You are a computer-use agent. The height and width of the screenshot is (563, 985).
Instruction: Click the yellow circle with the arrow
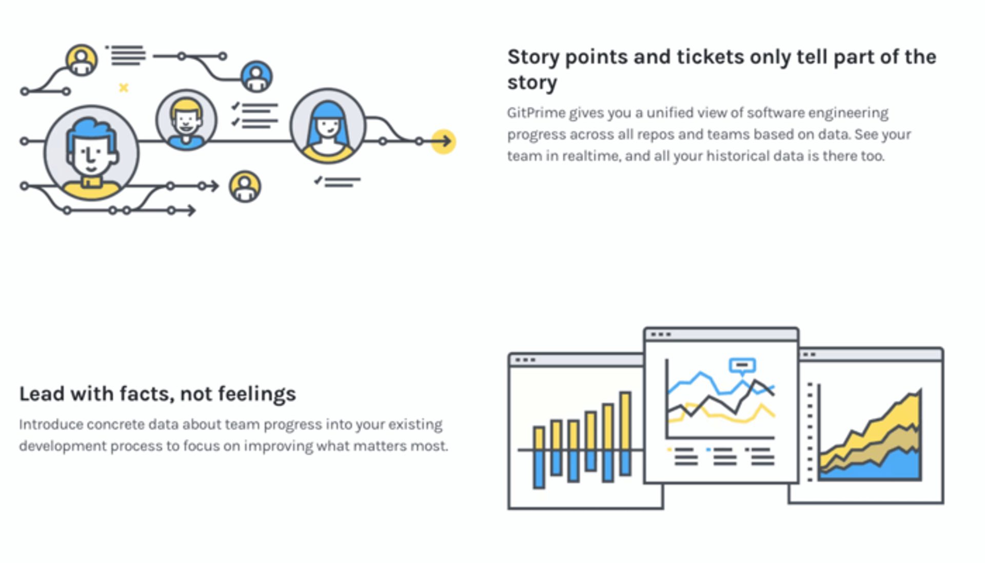[x=443, y=141]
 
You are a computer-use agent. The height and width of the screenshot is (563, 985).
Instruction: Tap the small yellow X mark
[x=124, y=88]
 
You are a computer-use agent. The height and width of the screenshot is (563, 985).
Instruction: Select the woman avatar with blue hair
[x=327, y=126]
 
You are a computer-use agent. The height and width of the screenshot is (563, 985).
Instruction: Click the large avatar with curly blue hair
[x=91, y=153]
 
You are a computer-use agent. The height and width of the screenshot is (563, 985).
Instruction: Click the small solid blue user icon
[x=257, y=77]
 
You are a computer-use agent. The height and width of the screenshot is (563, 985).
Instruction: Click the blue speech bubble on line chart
[x=742, y=365]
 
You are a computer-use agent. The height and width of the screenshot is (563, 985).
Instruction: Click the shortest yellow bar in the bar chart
[x=539, y=438]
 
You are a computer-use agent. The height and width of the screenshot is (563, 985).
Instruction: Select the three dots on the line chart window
[x=661, y=335]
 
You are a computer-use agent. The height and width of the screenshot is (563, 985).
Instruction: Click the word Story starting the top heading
[x=533, y=57]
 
